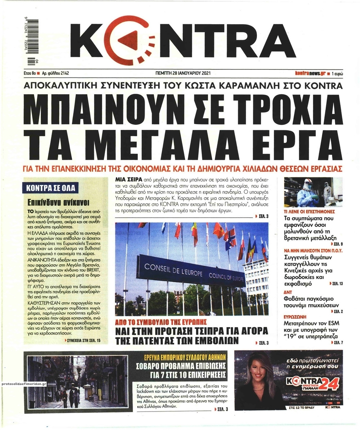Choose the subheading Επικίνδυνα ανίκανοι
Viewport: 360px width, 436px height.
pos(59,203)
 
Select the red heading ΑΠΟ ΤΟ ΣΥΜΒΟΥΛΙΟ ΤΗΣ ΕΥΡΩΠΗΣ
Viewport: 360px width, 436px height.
pos(161,322)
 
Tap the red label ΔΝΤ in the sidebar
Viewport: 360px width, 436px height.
pos(288,292)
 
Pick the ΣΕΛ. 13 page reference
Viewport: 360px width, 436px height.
pos(336,283)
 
